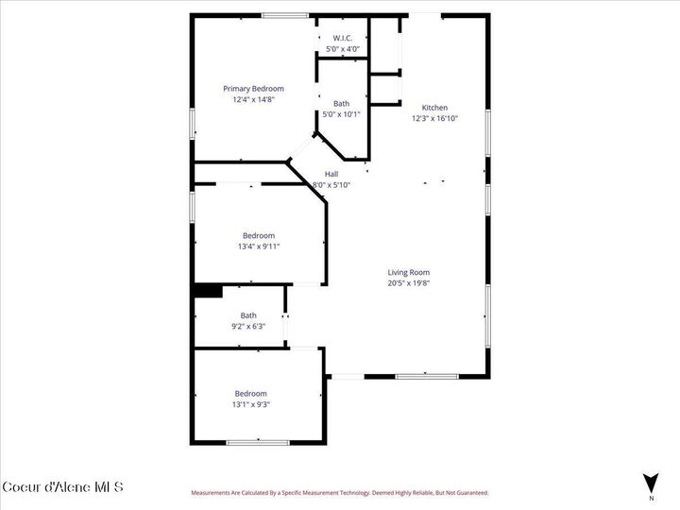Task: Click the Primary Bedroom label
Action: pyautogui.click(x=253, y=89)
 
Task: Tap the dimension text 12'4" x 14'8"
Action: pyautogui.click(x=253, y=99)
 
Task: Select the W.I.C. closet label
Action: pyautogui.click(x=342, y=38)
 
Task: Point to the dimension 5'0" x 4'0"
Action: pyautogui.click(x=342, y=48)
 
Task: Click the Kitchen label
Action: pyautogui.click(x=434, y=108)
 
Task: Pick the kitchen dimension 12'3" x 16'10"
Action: pyautogui.click(x=434, y=118)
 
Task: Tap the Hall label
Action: pyautogui.click(x=331, y=174)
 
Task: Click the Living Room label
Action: pyautogui.click(x=409, y=272)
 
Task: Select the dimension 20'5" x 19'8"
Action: pyautogui.click(x=409, y=282)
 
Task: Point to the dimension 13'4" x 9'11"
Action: pyautogui.click(x=259, y=246)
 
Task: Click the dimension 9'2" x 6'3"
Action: pyautogui.click(x=248, y=326)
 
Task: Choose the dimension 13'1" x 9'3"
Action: pyautogui.click(x=251, y=404)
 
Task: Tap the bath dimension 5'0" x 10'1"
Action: pyautogui.click(x=342, y=114)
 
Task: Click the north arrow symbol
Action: pyautogui.click(x=650, y=482)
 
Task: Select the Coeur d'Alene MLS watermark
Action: pyautogui.click(x=62, y=487)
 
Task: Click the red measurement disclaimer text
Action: pyautogui.click(x=340, y=492)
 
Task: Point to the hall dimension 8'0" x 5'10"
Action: pyautogui.click(x=331, y=184)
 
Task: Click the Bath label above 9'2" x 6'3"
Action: pyautogui.click(x=248, y=315)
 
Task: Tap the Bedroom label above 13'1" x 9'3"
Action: pyautogui.click(x=251, y=393)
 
